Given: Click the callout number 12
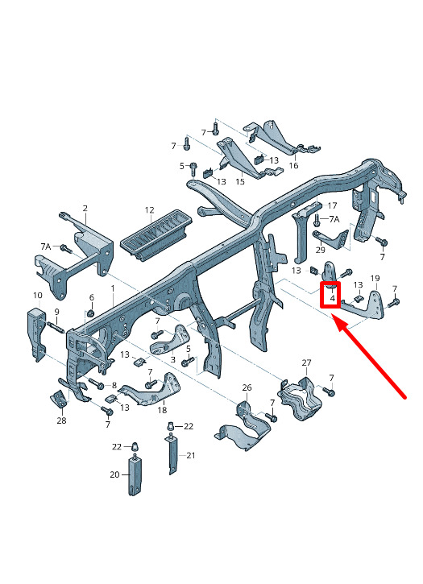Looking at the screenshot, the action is click(149, 210).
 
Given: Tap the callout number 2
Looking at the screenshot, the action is click(85, 208).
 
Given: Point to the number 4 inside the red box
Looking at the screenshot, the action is click(333, 298).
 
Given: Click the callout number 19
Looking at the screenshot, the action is click(375, 278).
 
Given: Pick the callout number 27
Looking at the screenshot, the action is click(306, 362).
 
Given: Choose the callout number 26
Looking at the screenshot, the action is click(247, 387).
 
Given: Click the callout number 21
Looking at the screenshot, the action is click(191, 455).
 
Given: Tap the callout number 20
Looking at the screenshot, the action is click(114, 474).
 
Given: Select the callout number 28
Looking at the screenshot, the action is click(61, 420).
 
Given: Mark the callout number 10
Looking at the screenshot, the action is click(38, 296).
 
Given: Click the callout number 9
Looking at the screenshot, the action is click(56, 312).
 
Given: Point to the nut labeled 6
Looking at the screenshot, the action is click(90, 312).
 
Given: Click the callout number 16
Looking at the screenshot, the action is click(293, 165).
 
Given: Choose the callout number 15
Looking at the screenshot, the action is click(240, 181).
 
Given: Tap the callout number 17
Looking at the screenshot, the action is click(332, 205).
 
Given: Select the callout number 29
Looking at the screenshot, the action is click(321, 249).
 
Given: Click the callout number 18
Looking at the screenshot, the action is click(162, 410).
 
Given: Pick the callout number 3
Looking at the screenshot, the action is click(173, 360).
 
